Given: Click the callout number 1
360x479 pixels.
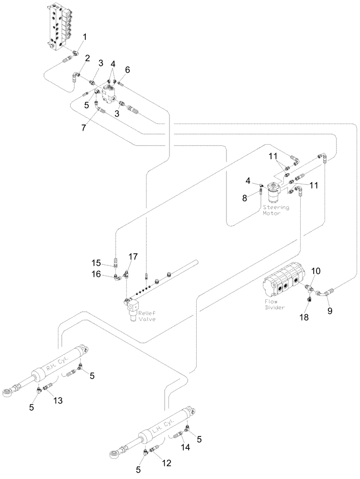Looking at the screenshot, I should (85, 36).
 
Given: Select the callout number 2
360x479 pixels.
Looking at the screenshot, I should (87, 58).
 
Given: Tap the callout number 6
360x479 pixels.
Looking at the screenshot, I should (127, 69).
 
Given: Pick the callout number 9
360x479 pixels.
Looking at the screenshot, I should (329, 310).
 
